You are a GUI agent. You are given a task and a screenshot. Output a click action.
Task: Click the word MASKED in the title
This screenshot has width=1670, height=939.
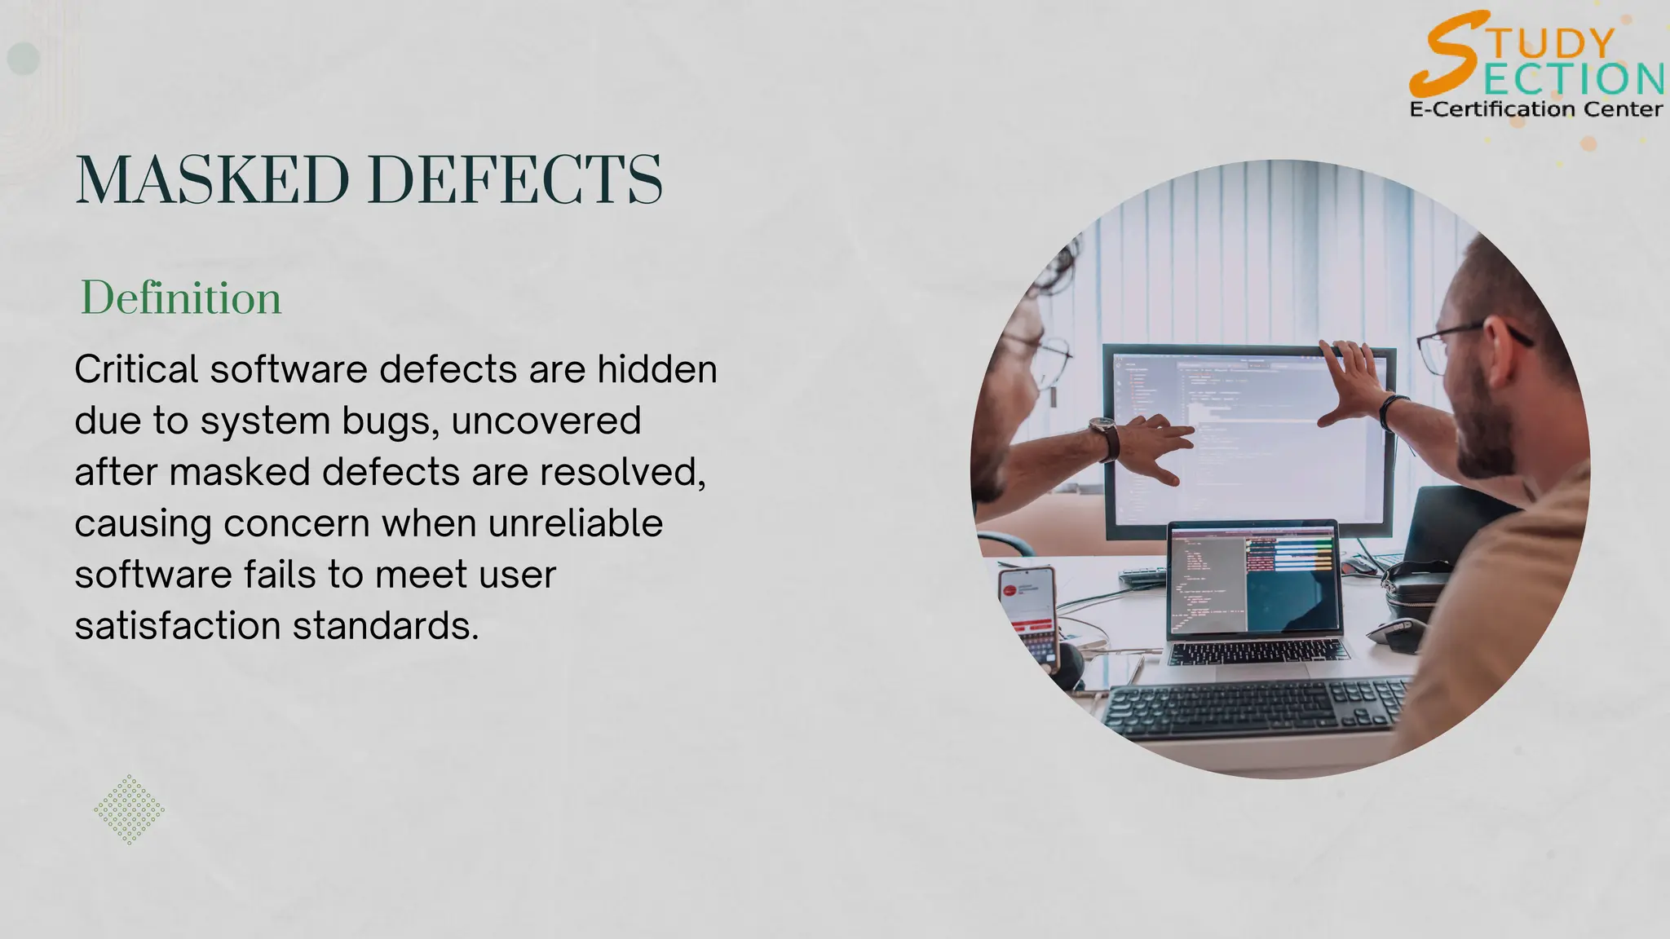[212, 180]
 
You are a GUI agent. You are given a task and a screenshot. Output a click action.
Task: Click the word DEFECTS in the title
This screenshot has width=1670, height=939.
[515, 180]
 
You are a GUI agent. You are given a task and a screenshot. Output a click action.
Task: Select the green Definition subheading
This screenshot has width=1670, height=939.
[181, 298]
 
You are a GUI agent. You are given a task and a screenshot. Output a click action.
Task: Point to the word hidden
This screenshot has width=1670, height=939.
[657, 369]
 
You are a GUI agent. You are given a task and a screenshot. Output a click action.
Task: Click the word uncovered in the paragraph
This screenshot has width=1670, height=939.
[546, 421]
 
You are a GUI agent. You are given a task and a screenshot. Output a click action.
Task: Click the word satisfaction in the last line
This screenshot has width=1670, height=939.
[178, 626]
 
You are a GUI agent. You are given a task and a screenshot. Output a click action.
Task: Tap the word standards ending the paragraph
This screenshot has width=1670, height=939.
[386, 626]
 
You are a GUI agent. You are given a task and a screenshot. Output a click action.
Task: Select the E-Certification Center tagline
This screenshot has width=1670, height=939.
[1535, 109]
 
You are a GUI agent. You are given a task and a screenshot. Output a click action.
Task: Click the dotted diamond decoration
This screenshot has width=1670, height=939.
[129, 809]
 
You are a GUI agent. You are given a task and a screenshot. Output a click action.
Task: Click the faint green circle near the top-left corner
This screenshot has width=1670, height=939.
[23, 59]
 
